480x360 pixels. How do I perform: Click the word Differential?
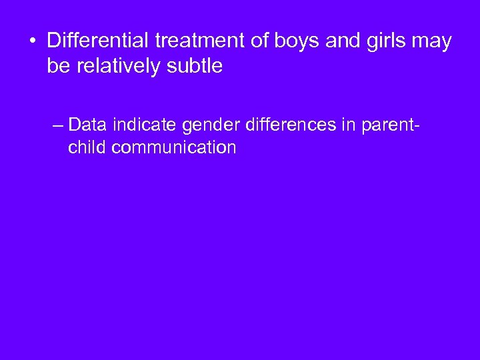98,41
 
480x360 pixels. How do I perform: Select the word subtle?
198,66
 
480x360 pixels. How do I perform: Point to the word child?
87,147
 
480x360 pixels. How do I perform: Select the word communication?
174,147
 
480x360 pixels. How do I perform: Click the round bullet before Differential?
31,41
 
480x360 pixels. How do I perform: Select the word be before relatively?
58,66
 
